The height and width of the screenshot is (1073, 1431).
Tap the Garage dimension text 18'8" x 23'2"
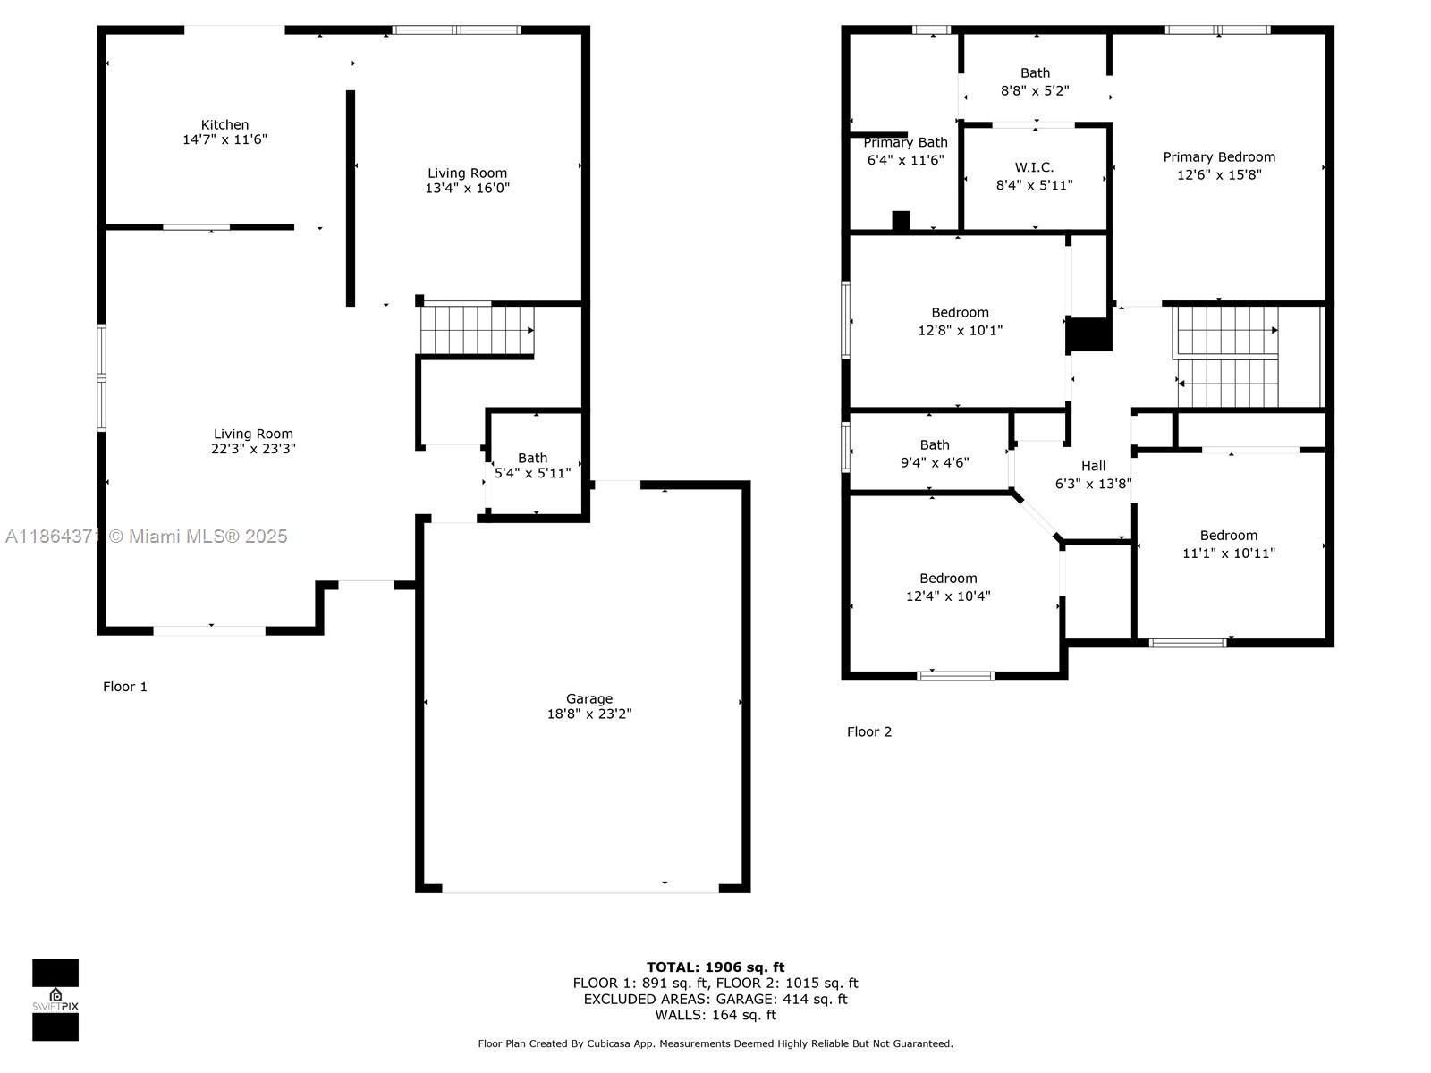point(588,714)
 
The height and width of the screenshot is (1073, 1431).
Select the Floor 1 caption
point(125,687)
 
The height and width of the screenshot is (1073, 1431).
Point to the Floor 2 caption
point(869,731)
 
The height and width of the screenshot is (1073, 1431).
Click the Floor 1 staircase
point(478,330)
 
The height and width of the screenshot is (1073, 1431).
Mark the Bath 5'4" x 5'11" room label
point(532,466)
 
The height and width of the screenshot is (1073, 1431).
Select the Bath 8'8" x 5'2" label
point(1035,82)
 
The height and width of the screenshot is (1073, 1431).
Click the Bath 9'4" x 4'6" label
point(935,454)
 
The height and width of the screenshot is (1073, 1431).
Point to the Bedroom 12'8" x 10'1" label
point(960,322)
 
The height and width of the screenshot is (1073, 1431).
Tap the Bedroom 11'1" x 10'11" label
point(1228,545)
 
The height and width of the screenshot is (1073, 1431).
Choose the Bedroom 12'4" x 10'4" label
point(948,587)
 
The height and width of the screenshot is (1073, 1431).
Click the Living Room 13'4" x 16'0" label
point(467,181)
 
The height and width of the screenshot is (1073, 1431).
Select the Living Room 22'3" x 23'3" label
point(253,441)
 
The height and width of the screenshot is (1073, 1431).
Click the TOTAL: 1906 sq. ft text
point(715,967)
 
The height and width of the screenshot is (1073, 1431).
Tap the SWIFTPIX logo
point(55,1000)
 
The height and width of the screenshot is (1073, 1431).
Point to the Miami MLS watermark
point(146,536)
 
